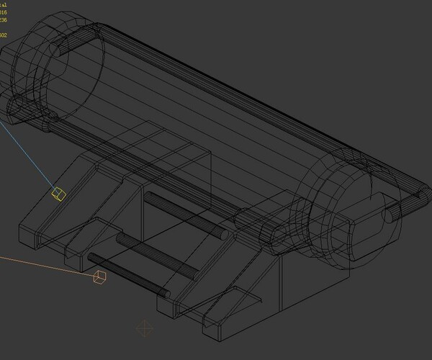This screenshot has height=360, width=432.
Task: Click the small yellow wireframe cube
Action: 58,193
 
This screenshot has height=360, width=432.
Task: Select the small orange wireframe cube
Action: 100,276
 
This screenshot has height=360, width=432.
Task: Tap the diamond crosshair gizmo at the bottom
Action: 145,329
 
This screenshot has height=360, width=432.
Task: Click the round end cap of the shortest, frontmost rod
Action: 164,293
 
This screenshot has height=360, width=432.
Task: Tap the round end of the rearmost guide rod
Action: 223,234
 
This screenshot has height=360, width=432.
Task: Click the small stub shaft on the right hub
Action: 392,214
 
